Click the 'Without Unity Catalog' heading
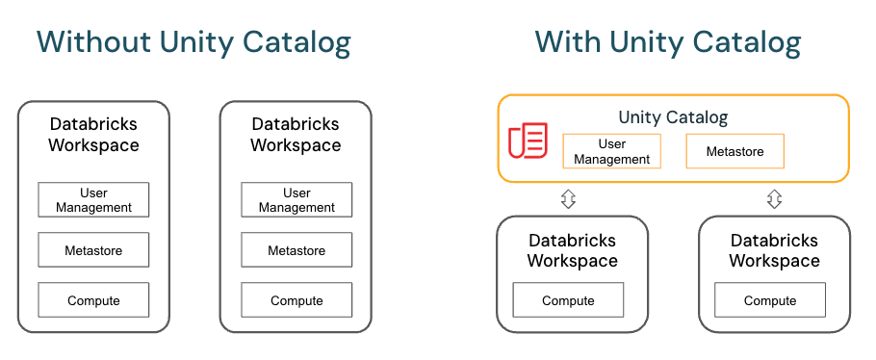tap(193, 42)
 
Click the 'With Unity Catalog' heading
tap(668, 42)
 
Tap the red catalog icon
tap(528, 141)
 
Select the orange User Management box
tap(612, 151)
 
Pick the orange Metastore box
tap(734, 151)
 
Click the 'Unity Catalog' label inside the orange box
tap(673, 117)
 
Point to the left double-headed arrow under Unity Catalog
tap(568, 199)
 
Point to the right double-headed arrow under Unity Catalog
tap(774, 199)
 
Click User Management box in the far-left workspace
tap(93, 200)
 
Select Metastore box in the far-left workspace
tap(93, 250)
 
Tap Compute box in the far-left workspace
tap(93, 300)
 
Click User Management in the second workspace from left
tap(296, 200)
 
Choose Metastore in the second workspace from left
tap(296, 250)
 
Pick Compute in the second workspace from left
tap(296, 300)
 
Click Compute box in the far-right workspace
tap(770, 300)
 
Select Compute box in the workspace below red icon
tap(568, 300)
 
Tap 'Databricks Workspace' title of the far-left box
tap(93, 135)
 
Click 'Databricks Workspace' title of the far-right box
tap(774, 250)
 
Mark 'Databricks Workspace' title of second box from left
tap(296, 135)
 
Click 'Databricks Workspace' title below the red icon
tap(572, 250)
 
